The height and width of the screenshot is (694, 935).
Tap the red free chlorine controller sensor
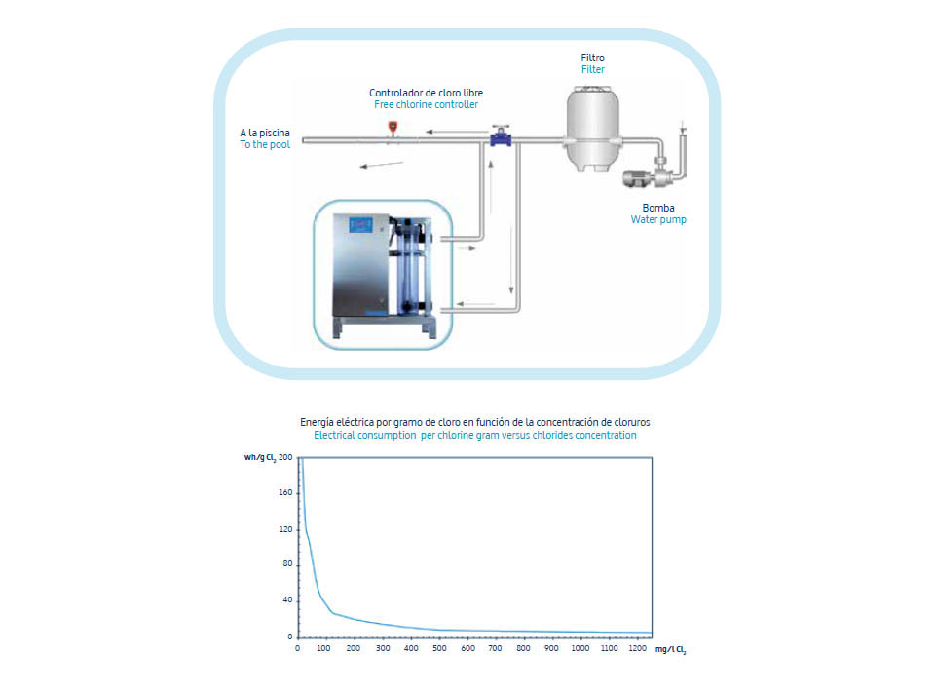pyautogui.click(x=393, y=128)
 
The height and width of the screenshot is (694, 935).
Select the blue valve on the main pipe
pyautogui.click(x=501, y=137)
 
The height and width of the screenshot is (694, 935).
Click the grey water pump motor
pyautogui.click(x=637, y=177)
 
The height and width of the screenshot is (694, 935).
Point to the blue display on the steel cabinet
pyautogui.click(x=360, y=224)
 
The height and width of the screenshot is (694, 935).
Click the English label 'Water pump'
pyautogui.click(x=658, y=219)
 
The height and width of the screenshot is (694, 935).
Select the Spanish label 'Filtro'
pyautogui.click(x=593, y=58)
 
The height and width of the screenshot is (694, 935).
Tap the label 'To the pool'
pyautogui.click(x=265, y=144)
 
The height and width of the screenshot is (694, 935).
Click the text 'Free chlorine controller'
pyautogui.click(x=426, y=104)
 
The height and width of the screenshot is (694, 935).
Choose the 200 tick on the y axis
pyautogui.click(x=285, y=457)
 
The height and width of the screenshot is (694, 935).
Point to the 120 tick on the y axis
pyautogui.click(x=285, y=529)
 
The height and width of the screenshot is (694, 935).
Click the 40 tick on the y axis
pyautogui.click(x=287, y=599)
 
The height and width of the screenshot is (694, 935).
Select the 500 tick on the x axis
pyautogui.click(x=439, y=648)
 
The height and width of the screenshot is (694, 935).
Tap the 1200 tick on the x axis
pyautogui.click(x=637, y=648)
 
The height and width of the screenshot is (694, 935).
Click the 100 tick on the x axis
pyautogui.click(x=323, y=648)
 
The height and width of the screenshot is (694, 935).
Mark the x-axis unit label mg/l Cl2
pyautogui.click(x=670, y=649)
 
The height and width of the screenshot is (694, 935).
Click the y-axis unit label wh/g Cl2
pyautogui.click(x=259, y=458)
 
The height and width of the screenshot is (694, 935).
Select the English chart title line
pyautogui.click(x=474, y=435)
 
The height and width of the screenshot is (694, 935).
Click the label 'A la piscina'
pyautogui.click(x=265, y=133)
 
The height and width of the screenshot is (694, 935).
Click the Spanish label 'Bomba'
pyautogui.click(x=658, y=208)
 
